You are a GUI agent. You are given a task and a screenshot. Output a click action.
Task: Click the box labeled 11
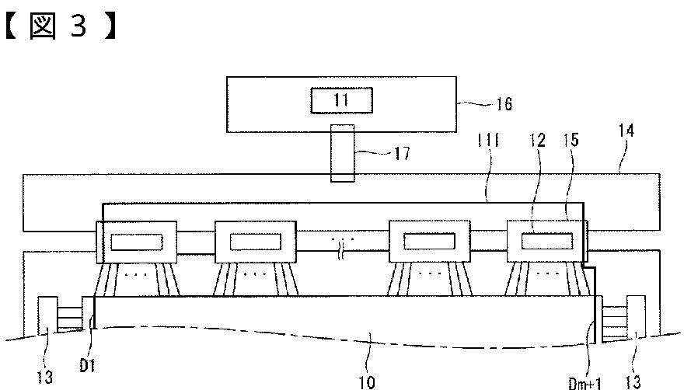pyautogui.click(x=342, y=100)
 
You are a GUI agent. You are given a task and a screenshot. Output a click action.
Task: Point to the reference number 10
pyautogui.click(x=366, y=381)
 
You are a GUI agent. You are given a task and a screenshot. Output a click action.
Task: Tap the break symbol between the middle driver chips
pyautogui.click(x=342, y=243)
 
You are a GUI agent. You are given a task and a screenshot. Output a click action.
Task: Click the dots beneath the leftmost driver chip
pyautogui.click(x=137, y=275)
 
